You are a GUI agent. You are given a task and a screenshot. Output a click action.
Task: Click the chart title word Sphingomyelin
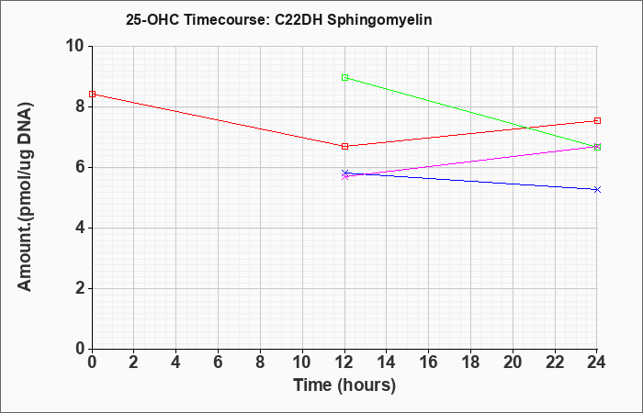pos(378,20)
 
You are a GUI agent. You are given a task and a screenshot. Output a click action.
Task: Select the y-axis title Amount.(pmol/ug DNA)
pos(25,196)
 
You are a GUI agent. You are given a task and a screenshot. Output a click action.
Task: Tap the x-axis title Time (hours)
pos(344,385)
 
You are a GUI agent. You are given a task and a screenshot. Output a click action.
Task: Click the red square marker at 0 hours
pos(92,95)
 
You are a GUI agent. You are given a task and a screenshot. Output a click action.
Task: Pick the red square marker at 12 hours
pos(344,146)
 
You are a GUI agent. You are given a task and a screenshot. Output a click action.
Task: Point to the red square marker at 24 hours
pos(597,121)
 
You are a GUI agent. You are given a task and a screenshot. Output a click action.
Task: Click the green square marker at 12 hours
pos(344,77)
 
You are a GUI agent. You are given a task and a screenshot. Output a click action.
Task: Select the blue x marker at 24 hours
pos(597,189)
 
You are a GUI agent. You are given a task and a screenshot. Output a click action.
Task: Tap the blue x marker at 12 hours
pos(344,173)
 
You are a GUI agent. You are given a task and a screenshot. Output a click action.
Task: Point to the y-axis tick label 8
pos(80,106)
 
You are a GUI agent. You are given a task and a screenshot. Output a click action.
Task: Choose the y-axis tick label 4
pos(80,228)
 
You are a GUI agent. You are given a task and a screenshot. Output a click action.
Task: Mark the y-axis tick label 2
pos(80,288)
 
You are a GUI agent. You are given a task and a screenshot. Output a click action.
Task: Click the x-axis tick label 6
pos(218,363)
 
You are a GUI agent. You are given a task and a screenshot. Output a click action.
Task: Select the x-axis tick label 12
pos(344,363)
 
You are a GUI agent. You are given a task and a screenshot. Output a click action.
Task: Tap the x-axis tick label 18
pos(470,363)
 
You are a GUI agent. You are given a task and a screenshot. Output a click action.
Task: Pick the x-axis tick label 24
pos(596,363)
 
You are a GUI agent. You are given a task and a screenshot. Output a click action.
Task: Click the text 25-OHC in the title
pos(152,20)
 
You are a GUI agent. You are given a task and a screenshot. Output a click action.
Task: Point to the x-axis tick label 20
pos(513,363)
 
